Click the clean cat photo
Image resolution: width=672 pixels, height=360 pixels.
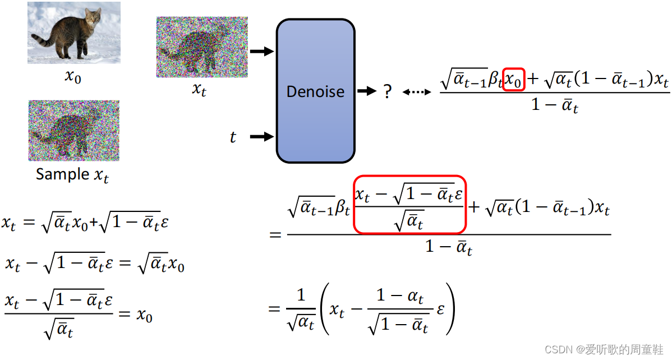pyautogui.click(x=74, y=33)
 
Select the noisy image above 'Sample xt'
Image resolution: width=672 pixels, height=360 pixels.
pyautogui.click(x=74, y=131)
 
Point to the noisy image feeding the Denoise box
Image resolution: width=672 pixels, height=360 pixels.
pyautogui.click(x=201, y=47)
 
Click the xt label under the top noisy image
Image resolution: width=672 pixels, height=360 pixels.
pyautogui.click(x=200, y=89)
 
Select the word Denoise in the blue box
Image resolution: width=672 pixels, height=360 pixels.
pyautogui.click(x=315, y=91)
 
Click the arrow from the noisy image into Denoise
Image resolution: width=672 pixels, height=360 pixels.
pyautogui.click(x=261, y=52)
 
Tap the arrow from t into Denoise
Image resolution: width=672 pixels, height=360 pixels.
pyautogui.click(x=261, y=136)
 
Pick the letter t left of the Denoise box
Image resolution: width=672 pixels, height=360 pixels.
pyautogui.click(x=233, y=137)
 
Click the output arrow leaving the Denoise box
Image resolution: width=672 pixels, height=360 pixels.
pyautogui.click(x=367, y=91)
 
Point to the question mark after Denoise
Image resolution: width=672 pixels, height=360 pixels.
pyautogui.click(x=387, y=91)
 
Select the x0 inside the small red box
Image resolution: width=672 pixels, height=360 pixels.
pyautogui.click(x=513, y=82)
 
